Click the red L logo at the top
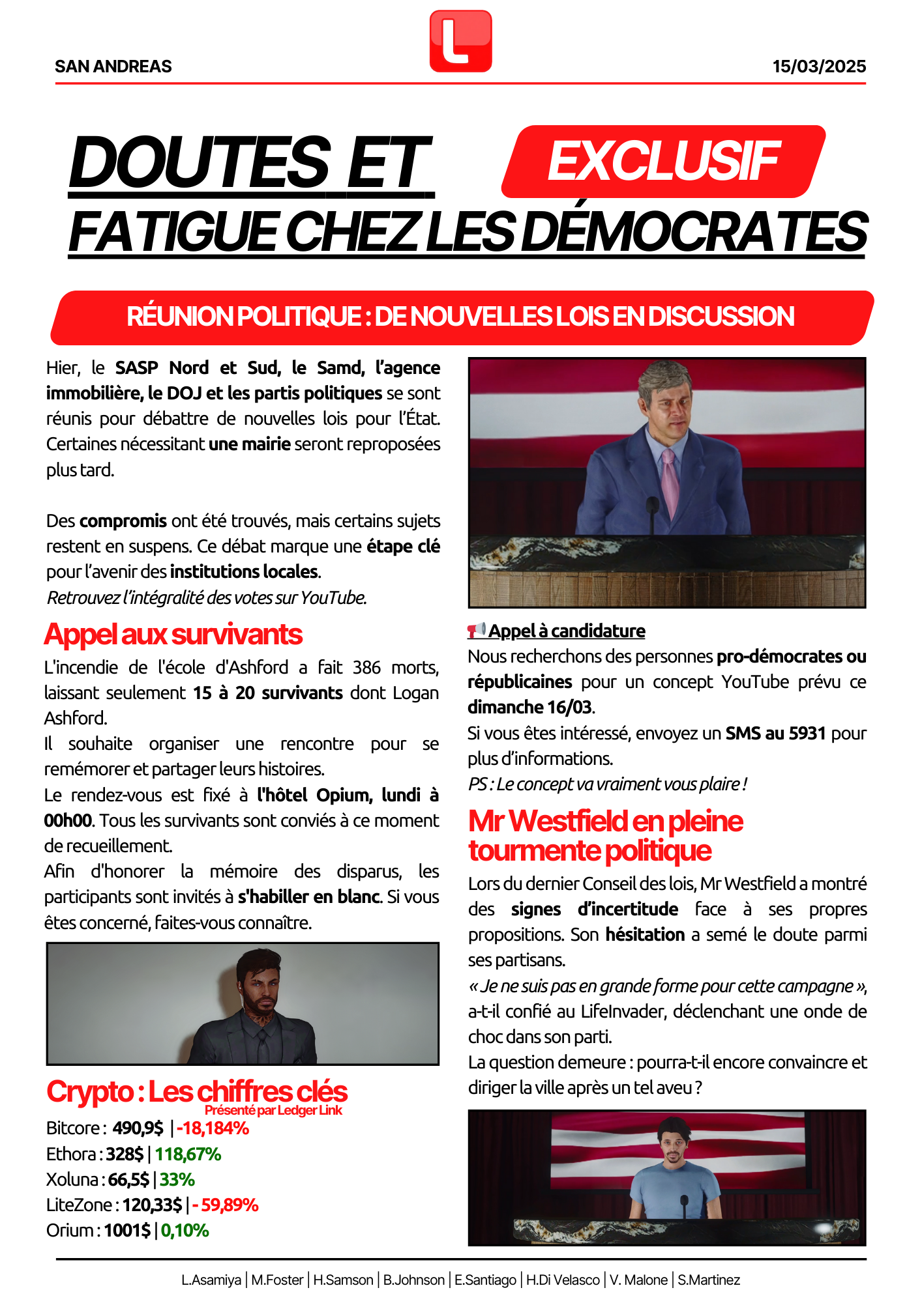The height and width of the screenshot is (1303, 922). (460, 41)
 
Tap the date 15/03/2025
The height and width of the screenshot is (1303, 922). (819, 66)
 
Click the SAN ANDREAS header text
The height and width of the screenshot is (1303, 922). (113, 66)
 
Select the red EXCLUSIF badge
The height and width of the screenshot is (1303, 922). (663, 162)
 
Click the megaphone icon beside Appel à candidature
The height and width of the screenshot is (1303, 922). (477, 630)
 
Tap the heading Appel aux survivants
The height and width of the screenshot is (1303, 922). (173, 635)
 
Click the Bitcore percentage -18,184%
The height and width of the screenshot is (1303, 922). (213, 1128)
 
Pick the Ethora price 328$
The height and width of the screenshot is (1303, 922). (125, 1154)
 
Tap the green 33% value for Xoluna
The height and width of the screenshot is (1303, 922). (177, 1180)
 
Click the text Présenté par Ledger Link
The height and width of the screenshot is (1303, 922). (273, 1110)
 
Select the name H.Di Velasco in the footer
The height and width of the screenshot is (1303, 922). (563, 1280)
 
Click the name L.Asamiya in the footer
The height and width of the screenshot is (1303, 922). (211, 1280)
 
